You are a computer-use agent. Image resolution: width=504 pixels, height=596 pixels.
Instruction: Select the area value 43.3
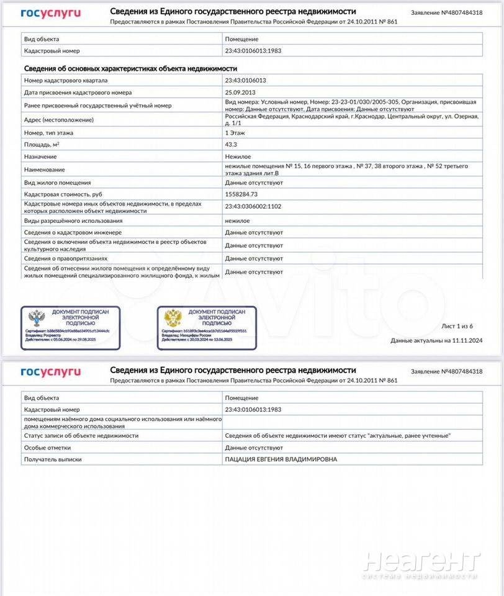pos(230,144)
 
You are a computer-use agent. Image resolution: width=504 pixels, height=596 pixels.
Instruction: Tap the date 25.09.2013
pos(240,93)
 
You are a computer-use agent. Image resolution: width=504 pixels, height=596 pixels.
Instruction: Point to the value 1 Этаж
pos(235,132)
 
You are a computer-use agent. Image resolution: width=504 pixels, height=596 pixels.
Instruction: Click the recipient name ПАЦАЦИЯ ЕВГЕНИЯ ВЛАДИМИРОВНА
pos(281,459)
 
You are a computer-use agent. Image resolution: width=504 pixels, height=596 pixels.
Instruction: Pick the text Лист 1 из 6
pos(457,326)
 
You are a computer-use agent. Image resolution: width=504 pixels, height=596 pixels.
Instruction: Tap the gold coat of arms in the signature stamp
pos(172,319)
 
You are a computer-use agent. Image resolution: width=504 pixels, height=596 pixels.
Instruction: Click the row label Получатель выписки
pos(53,459)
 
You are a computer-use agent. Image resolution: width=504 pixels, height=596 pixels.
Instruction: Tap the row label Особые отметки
pos(47,447)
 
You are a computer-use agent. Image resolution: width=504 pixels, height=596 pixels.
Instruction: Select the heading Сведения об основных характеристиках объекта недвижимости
pos(130,68)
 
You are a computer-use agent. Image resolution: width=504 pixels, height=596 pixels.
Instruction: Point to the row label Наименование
pos(44,169)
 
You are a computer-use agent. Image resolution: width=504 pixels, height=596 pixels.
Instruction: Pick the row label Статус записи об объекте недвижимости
pos(81,435)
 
